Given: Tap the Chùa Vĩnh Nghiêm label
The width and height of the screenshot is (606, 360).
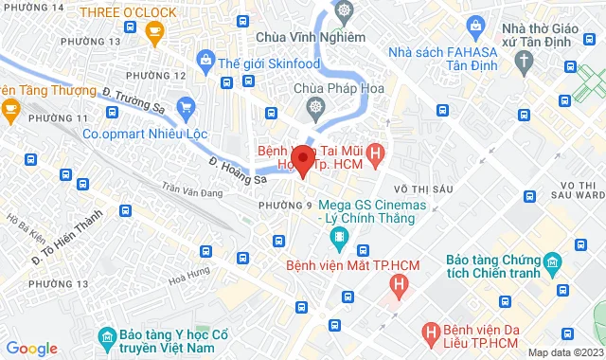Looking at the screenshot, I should pyautogui.click(x=311, y=37).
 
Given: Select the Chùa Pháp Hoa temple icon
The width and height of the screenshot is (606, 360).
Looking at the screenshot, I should pyautogui.click(x=311, y=107).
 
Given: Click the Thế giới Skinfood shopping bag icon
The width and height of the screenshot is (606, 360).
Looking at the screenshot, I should pyautogui.click(x=207, y=63).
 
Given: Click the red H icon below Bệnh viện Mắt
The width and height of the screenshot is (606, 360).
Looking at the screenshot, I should pyautogui.click(x=401, y=281).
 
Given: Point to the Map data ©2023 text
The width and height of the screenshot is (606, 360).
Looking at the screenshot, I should pyautogui.click(x=565, y=352).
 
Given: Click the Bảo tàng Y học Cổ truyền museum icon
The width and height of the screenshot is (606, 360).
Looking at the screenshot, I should pyautogui.click(x=106, y=336).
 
